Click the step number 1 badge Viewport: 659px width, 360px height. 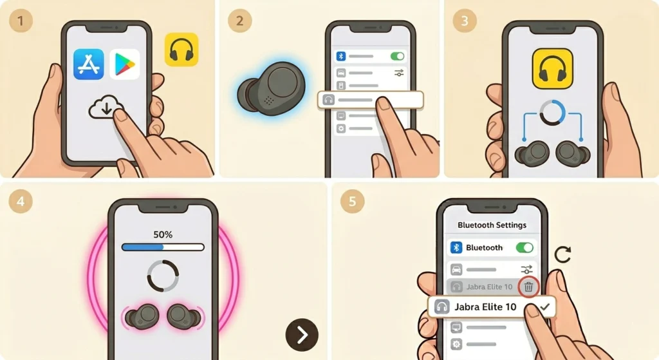[21, 21]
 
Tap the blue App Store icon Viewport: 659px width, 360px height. [89, 64]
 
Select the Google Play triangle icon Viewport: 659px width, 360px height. [125, 64]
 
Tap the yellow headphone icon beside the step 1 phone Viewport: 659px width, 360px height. [181, 50]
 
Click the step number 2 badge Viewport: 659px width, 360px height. [239, 21]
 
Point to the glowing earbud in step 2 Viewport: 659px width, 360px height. [272, 89]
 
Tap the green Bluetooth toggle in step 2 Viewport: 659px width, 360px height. [397, 57]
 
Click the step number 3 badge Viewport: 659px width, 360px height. [465, 21]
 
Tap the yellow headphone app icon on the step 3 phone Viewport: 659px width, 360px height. [553, 68]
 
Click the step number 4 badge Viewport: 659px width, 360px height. [20, 201]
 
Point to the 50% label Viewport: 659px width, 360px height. [163, 234]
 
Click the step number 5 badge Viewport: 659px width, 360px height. [352, 201]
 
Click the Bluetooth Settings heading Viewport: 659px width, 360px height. [492, 225]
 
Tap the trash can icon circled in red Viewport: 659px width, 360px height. [529, 287]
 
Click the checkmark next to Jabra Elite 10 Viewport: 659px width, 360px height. [545, 307]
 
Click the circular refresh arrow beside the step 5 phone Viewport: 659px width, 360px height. [562, 254]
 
